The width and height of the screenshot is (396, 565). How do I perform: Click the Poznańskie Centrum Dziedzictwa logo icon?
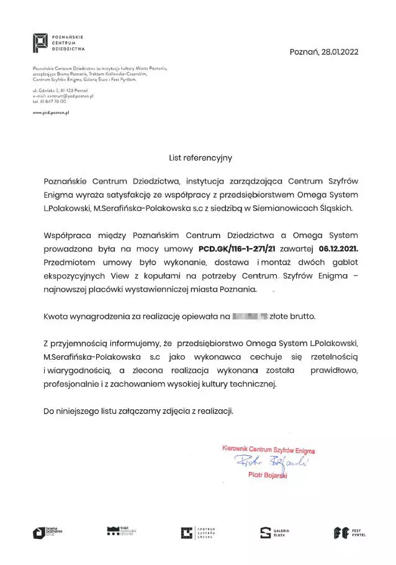41,42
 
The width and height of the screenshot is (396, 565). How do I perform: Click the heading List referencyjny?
200,158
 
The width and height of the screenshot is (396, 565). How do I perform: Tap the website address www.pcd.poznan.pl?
50,112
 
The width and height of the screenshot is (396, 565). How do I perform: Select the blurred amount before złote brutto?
249,316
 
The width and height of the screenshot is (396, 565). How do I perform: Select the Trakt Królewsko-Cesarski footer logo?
121,531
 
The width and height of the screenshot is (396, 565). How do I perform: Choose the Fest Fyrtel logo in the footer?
349,532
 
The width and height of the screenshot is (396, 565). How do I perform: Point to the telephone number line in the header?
49,101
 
